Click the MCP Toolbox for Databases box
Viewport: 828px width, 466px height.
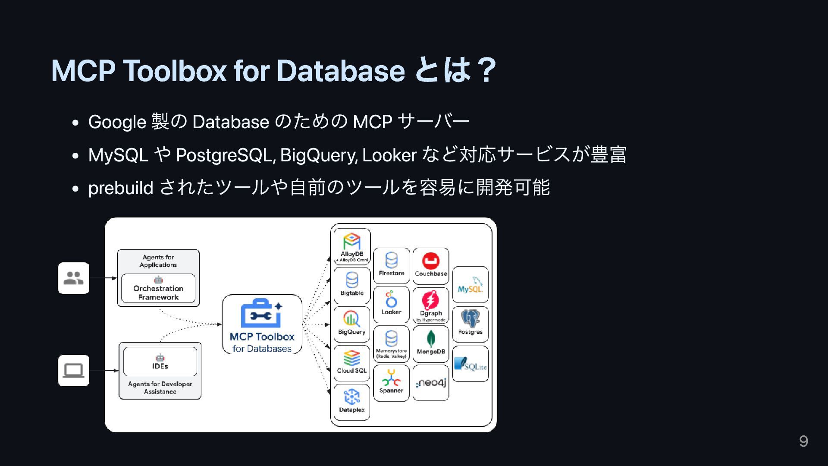click(262, 324)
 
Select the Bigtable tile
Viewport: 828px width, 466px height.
click(352, 285)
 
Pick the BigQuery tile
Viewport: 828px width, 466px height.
click(352, 324)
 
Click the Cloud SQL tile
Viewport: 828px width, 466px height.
click(352, 363)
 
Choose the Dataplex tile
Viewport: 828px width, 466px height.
click(352, 402)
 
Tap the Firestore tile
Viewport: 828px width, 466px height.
click(391, 266)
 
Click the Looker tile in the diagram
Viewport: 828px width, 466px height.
click(391, 304)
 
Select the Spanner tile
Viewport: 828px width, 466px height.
click(391, 383)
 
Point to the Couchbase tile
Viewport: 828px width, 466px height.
click(431, 266)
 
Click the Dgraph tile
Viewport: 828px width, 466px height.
click(431, 305)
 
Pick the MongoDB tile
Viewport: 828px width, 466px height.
click(431, 344)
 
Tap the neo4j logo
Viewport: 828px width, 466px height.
click(431, 383)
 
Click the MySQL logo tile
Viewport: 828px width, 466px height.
click(470, 285)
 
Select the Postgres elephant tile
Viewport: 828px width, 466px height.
click(470, 324)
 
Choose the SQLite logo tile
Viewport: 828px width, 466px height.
click(470, 364)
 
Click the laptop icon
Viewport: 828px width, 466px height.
click(74, 371)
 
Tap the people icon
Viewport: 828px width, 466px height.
click(74, 278)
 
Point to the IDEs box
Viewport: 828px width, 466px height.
click(160, 362)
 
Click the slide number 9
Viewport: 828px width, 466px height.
click(803, 441)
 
